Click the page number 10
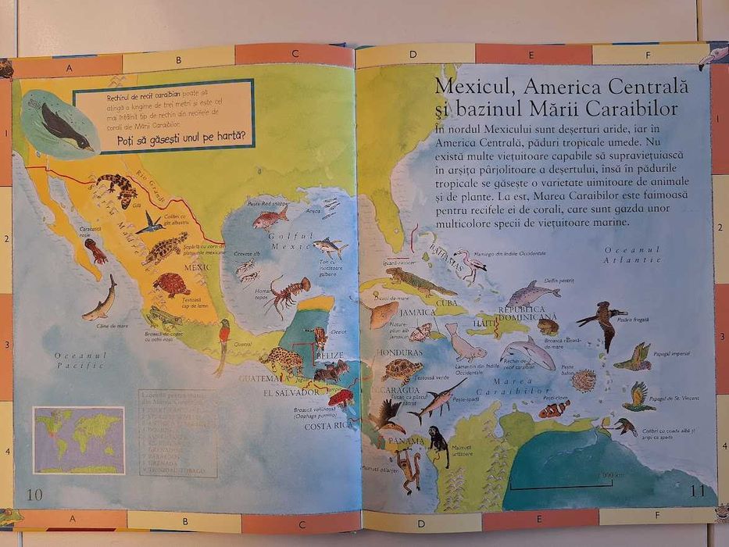click(x=34, y=493)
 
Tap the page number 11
click(x=698, y=491)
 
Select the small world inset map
click(x=78, y=440)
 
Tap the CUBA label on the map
click(x=446, y=302)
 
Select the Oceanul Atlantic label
click(x=632, y=255)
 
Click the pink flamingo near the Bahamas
click(x=471, y=264)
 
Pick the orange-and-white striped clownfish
click(x=553, y=409)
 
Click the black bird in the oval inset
click(x=63, y=127)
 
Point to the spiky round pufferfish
click(x=583, y=381)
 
